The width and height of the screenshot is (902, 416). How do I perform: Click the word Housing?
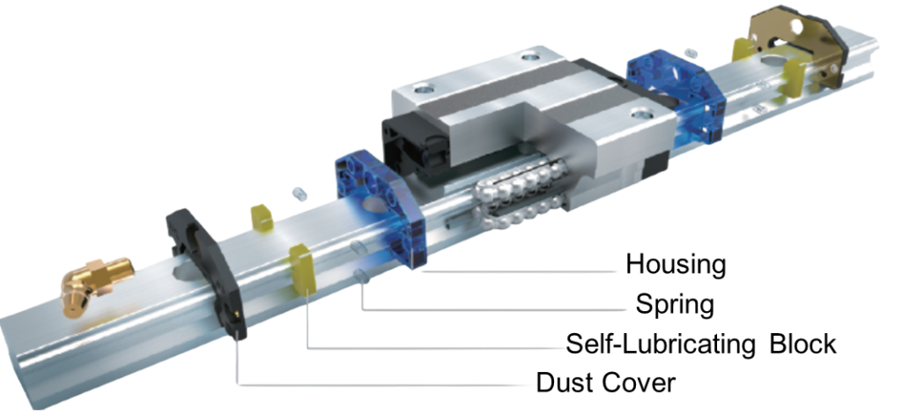[676, 264]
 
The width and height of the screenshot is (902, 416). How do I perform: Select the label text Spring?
[675, 304]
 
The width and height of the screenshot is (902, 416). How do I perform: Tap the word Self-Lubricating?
[660, 344]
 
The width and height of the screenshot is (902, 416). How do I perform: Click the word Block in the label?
[803, 344]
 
